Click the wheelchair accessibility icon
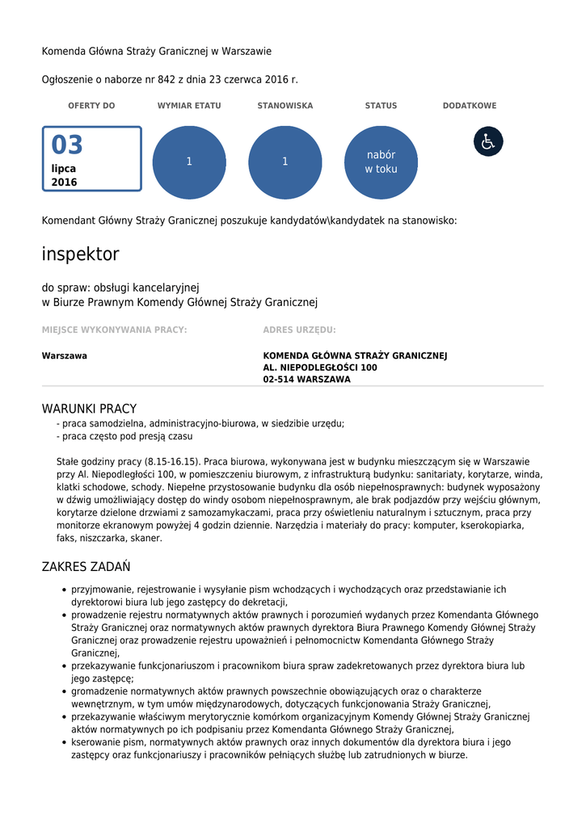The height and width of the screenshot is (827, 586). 488,141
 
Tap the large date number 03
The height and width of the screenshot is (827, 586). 67,145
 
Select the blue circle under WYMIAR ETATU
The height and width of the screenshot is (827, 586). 189,162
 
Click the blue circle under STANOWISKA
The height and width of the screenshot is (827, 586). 285,162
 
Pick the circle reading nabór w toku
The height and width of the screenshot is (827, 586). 381,162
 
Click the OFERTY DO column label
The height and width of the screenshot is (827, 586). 91,106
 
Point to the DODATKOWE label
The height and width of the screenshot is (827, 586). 470,106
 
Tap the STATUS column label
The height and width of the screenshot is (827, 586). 381,106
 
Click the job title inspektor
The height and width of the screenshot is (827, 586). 80,254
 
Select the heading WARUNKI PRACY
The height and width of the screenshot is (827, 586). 89,409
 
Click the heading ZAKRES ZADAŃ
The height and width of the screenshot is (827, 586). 86,567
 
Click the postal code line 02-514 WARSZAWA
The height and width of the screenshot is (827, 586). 306,380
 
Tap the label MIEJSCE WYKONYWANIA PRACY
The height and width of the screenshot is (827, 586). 114,330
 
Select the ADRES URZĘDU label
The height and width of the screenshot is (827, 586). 299,330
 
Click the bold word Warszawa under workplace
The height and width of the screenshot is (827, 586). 65,356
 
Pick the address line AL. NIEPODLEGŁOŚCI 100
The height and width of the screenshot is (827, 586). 320,367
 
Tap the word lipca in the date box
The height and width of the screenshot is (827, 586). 64,169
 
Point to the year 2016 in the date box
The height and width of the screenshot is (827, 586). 65,183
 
